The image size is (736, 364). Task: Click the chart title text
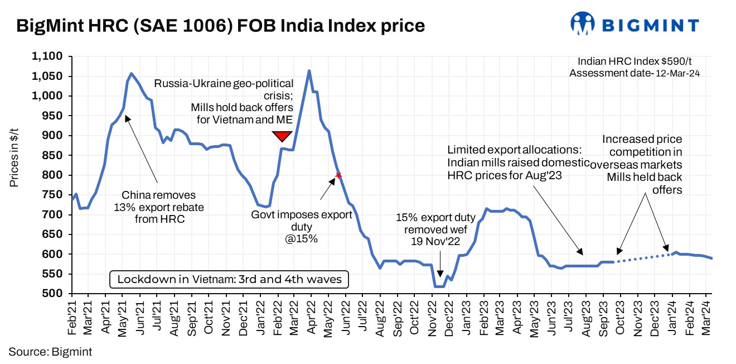pos(221,26)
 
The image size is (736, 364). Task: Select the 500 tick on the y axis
pos(55,294)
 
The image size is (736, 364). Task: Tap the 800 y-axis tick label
pos(55,175)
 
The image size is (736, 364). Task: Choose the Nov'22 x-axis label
pos(432,319)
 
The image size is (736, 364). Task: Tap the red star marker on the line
pos(338,175)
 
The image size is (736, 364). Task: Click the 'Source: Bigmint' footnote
pos(50,352)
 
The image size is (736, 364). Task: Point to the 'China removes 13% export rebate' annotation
pos(159,207)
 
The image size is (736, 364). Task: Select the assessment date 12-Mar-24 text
pos(634,72)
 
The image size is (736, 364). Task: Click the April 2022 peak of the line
pos(309,71)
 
